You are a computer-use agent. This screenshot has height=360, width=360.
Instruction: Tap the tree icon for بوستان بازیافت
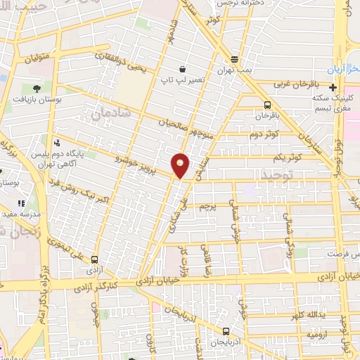[36, 88]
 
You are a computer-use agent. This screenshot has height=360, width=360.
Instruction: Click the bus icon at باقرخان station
[262, 105]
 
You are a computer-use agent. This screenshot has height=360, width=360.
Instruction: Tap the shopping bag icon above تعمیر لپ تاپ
[183, 69]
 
